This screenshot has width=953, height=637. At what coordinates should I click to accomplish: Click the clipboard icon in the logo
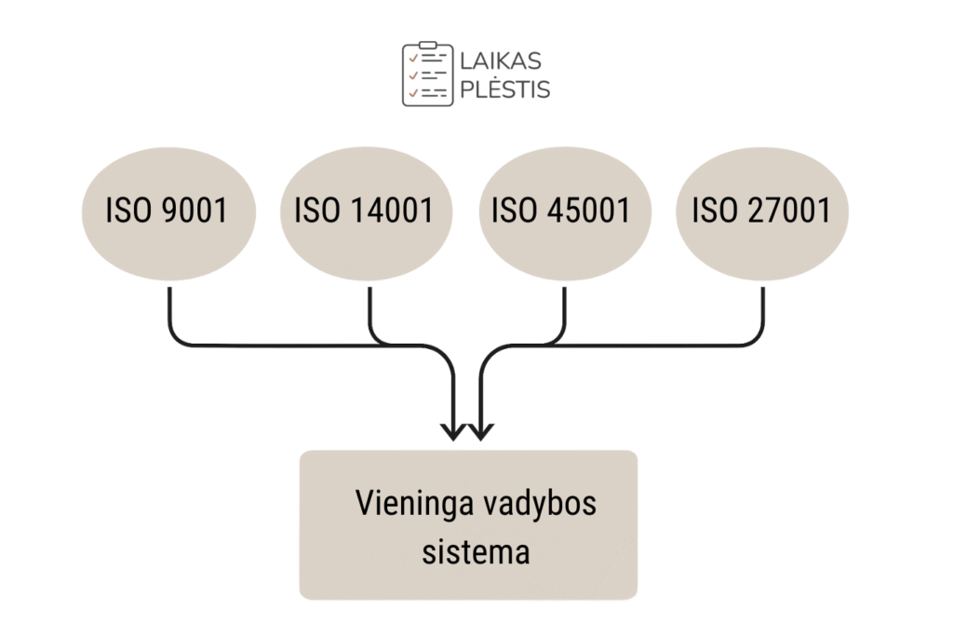pos(427,74)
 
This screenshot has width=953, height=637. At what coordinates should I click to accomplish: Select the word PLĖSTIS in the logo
pos(505,89)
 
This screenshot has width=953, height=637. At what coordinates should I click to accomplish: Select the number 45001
pos(588,211)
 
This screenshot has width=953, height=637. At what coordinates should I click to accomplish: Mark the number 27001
pos(788,211)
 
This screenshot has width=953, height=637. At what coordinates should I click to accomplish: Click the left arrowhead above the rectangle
pos(454,430)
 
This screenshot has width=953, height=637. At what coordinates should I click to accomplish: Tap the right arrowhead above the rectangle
pos(480,430)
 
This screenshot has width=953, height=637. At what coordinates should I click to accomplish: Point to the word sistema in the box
pos(476,551)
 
